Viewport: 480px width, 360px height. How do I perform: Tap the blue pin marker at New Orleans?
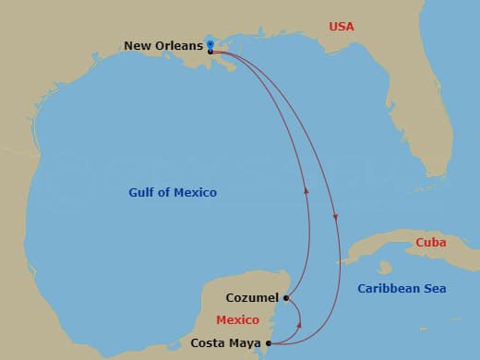(x=210, y=44)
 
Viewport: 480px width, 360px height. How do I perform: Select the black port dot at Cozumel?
(x=287, y=298)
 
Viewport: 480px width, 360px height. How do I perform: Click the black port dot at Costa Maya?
(x=268, y=343)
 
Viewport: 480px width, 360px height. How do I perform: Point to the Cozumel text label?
(x=251, y=298)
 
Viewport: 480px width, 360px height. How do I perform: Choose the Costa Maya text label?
(x=224, y=342)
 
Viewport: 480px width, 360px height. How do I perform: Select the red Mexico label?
(x=236, y=319)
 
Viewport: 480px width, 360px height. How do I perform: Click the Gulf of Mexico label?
(x=172, y=193)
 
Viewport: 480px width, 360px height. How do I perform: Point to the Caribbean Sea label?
(x=402, y=289)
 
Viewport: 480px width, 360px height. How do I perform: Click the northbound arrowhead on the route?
(x=306, y=191)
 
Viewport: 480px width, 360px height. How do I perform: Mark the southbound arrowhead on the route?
(x=336, y=219)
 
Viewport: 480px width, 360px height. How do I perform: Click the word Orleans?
(x=181, y=44)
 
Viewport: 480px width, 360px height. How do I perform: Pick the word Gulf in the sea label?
(x=141, y=193)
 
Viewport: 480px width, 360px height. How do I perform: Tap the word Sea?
(x=434, y=289)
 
